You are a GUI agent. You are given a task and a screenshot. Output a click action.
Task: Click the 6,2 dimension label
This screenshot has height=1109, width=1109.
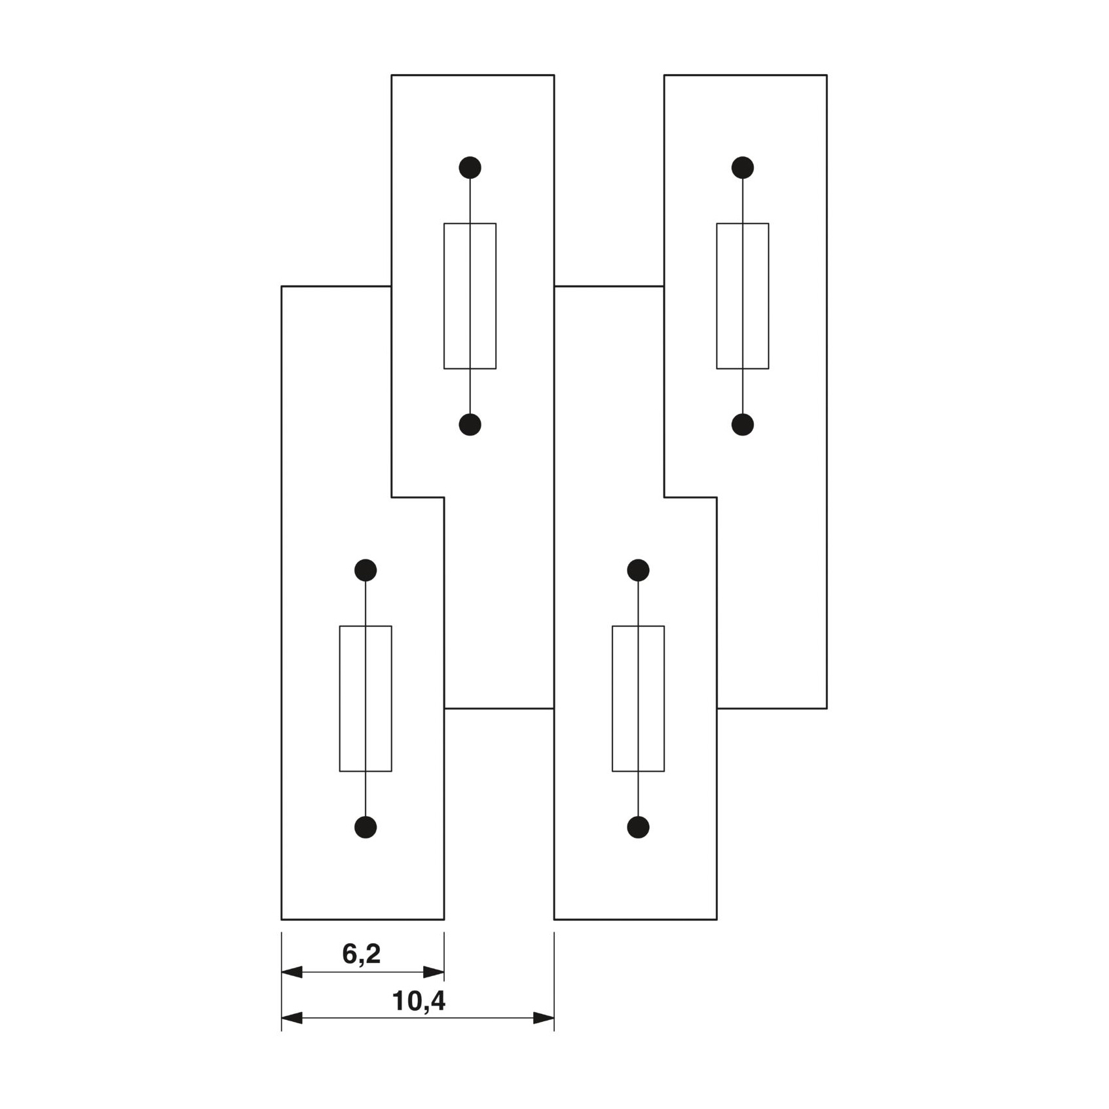click(x=361, y=954)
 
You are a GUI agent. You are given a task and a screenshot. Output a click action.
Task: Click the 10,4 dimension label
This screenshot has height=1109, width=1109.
click(x=419, y=1001)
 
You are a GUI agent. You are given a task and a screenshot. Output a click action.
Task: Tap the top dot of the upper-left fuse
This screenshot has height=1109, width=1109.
click(x=470, y=168)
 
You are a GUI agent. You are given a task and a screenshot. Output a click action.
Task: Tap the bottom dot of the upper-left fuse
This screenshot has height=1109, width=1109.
click(x=470, y=425)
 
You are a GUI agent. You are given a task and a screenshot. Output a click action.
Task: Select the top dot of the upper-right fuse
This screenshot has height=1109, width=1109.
click(x=743, y=168)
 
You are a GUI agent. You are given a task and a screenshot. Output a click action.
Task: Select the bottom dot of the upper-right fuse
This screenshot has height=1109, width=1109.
click(x=743, y=425)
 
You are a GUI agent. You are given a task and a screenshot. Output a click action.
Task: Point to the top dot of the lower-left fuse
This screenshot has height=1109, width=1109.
click(x=366, y=571)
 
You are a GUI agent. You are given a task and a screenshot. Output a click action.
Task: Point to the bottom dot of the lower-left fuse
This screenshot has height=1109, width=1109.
click(x=366, y=827)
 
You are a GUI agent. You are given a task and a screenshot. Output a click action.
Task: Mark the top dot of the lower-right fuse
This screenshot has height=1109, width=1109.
click(x=638, y=571)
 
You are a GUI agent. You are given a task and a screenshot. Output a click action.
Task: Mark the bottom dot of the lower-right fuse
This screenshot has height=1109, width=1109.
click(x=638, y=827)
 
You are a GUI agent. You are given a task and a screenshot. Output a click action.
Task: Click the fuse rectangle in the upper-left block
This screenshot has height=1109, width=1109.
click(x=444, y=296)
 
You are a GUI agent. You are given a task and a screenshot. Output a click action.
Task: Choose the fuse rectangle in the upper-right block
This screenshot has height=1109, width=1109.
click(x=717, y=296)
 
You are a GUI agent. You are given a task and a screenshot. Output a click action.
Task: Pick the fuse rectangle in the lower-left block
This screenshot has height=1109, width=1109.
click(x=340, y=698)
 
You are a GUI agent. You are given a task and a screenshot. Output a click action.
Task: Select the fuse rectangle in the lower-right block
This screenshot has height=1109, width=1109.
click(x=612, y=698)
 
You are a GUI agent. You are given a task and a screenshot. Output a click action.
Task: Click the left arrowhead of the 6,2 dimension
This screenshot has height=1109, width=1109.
click(x=292, y=972)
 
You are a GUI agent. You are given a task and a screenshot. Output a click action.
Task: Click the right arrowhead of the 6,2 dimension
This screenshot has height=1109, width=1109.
click(x=434, y=972)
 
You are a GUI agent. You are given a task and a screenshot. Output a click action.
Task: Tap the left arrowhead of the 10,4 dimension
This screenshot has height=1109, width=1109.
click(x=292, y=1018)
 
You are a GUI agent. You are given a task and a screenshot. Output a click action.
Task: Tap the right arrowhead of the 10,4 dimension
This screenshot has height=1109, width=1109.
click(x=544, y=1018)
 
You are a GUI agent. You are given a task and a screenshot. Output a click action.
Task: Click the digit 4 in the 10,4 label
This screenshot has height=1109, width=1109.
click(x=437, y=1000)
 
